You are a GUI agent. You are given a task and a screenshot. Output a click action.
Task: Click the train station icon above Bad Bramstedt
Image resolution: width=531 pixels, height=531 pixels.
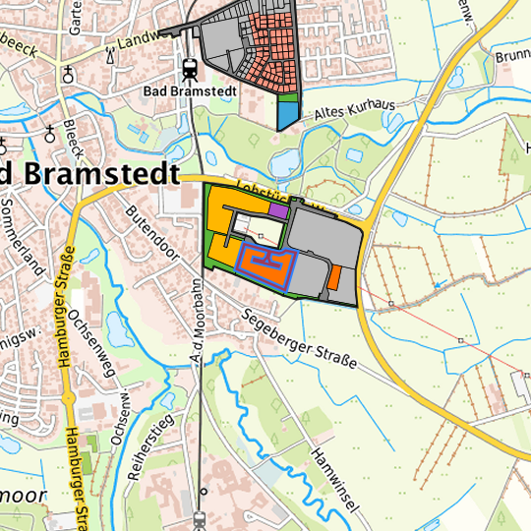coord(189,68)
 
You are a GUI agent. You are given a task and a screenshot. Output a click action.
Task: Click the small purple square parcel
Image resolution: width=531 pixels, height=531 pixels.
coord(278,209)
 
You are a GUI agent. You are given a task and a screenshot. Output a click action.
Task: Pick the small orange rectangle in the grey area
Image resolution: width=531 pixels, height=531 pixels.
coord(334,277)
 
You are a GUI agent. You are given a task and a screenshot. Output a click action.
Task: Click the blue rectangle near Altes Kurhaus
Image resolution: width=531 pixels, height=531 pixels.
coord(286,115)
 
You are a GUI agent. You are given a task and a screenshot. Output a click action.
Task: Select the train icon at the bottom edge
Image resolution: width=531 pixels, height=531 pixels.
coord(201,518)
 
